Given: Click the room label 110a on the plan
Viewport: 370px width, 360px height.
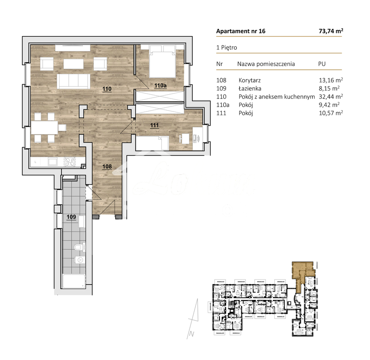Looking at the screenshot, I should coord(160,86).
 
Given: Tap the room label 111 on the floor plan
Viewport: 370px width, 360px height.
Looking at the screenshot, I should coord(155,125).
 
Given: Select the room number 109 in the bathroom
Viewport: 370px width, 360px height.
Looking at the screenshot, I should coord(70,217).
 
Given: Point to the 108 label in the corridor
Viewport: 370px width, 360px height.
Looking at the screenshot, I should coord(107,165).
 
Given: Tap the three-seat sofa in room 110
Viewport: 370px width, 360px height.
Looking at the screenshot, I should coord(74,81).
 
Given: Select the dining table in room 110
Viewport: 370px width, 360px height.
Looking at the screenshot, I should coord(48,127).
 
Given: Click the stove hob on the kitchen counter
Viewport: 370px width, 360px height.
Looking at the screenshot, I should coord(70,162).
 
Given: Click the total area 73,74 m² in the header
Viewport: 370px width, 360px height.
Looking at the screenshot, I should coord(331,31).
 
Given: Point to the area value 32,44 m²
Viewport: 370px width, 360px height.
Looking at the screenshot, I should coord(331,96).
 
